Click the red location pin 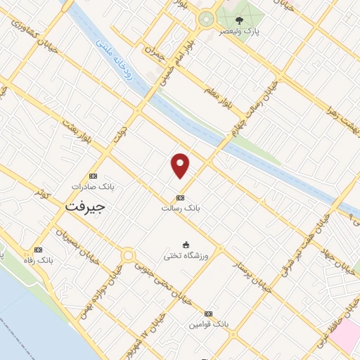click(x=181, y=165)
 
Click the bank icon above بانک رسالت click(x=181, y=198)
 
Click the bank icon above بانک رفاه click(x=37, y=250)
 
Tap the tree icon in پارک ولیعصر click(x=240, y=20)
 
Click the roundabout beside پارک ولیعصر click(x=206, y=19)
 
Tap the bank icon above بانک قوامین click(x=208, y=314)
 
